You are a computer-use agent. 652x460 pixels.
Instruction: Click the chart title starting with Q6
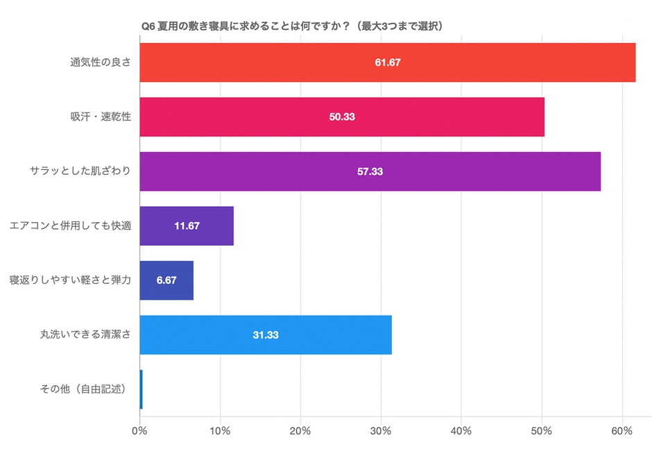click(292, 26)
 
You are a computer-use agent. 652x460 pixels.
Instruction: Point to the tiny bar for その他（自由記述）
click(141, 389)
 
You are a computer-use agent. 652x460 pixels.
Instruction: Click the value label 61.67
click(388, 62)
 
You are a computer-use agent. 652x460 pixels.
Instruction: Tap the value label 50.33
click(342, 117)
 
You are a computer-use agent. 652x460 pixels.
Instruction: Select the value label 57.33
click(370, 171)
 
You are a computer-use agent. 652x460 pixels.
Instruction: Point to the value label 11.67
click(187, 225)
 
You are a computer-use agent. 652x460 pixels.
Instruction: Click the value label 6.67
click(166, 280)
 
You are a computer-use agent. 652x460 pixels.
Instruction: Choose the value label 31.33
click(266, 334)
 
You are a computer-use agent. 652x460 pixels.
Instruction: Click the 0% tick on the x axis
click(140, 431)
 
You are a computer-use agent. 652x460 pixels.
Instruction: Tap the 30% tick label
click(381, 431)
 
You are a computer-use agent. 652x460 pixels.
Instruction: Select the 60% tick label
click(621, 431)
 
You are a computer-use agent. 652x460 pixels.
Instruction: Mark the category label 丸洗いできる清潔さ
click(85, 334)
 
